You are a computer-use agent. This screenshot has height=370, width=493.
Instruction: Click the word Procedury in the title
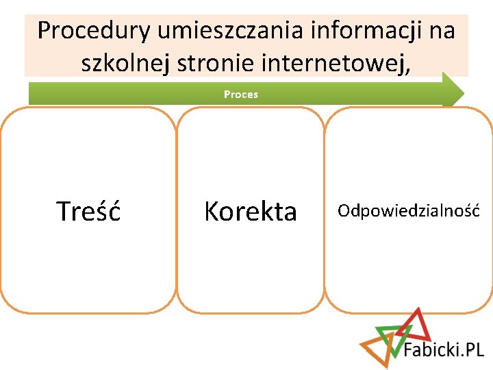[x=94, y=31]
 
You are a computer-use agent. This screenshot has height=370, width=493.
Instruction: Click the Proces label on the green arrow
[x=241, y=95]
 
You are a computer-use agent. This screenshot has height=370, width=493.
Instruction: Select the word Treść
[x=88, y=212]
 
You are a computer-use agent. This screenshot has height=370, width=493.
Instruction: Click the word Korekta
[x=251, y=212]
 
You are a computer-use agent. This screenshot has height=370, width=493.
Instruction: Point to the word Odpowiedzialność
[x=408, y=210]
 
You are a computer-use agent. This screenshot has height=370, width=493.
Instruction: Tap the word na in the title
[x=438, y=31]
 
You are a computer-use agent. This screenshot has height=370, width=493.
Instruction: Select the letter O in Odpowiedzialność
[x=343, y=210]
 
